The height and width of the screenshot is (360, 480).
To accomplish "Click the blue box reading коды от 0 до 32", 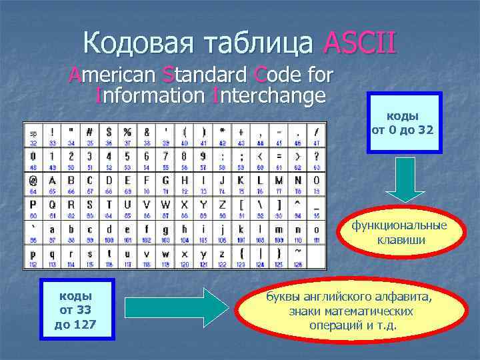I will [403, 123].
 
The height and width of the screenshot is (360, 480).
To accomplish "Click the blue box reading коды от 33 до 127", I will [74, 310].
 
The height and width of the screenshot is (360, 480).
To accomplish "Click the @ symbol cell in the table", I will [33, 180].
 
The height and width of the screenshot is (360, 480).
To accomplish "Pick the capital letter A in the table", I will [51, 180].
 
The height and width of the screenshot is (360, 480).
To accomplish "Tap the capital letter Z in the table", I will [222, 205].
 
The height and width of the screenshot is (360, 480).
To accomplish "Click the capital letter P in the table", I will [33, 205].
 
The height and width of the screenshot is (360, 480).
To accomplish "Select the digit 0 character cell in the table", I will [33, 155].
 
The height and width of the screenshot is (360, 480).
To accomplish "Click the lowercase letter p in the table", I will [33, 254].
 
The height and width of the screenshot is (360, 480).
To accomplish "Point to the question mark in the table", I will [316, 155].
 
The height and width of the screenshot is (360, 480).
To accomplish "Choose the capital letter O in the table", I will [316, 180].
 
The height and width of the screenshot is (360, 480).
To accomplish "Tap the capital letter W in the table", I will [165, 205].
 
